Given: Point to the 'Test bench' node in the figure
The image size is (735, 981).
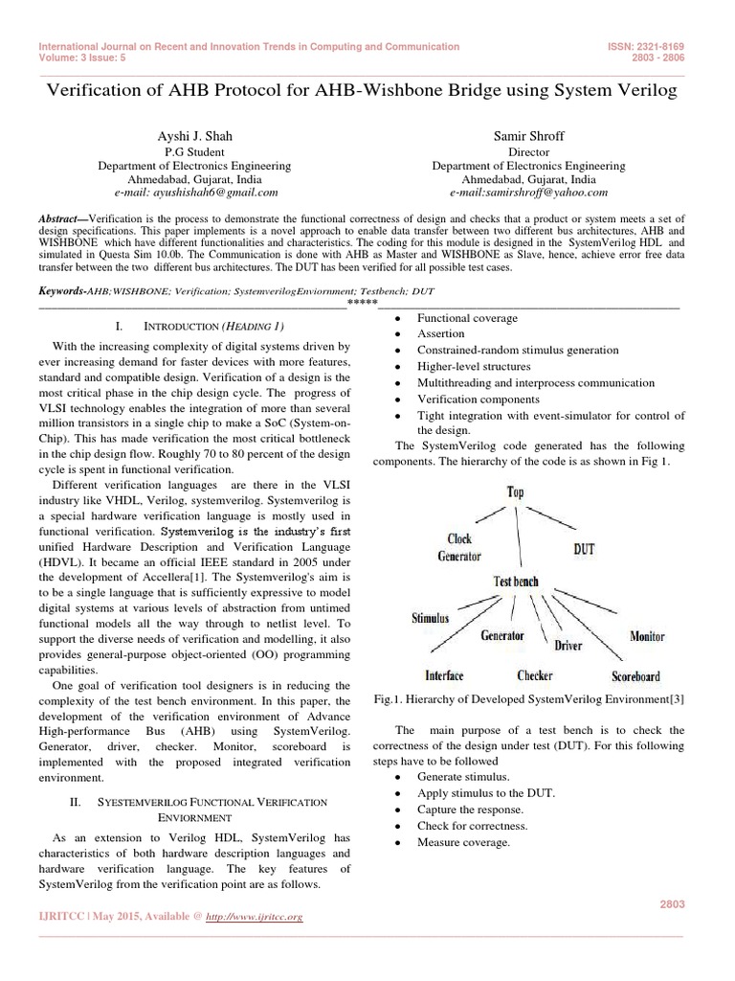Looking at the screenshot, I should click(515, 582).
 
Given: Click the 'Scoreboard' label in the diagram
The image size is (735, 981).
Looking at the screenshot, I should click(635, 675).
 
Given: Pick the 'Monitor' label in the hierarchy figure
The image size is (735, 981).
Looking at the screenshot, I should click(647, 636).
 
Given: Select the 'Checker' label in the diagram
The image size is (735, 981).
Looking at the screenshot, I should click(535, 675).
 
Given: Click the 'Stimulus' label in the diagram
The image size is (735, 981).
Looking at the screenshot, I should click(430, 618).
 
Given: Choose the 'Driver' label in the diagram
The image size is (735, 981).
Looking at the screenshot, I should click(568, 646).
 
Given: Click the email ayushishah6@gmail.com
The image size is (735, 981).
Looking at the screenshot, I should click(194, 193).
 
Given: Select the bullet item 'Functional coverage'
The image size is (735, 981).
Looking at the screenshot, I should click(467, 318).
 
